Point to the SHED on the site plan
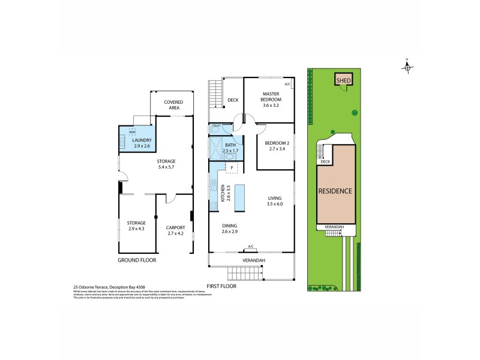click(x=343, y=80)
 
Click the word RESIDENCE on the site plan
click(x=335, y=191)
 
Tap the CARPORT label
click(x=175, y=228)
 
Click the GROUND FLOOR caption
click(x=137, y=260)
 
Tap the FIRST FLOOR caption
click(x=221, y=286)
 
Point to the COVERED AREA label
click(x=175, y=105)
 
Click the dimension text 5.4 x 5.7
click(x=166, y=167)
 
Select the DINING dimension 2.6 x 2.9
click(x=229, y=232)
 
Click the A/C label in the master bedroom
click(x=287, y=84)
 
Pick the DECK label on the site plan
click(x=325, y=161)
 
